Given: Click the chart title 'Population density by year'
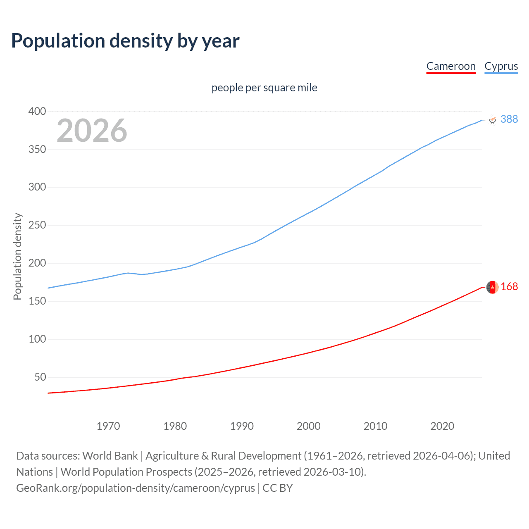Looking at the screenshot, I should click(x=125, y=41).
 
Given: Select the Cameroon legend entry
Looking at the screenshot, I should click(x=451, y=66).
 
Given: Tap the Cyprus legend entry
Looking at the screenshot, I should click(x=501, y=66).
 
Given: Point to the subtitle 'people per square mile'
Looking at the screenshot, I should click(x=264, y=88).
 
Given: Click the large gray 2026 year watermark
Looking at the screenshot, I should click(x=92, y=131).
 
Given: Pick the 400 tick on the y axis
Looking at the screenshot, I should click(x=37, y=111).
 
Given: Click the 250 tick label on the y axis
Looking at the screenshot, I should click(x=37, y=225).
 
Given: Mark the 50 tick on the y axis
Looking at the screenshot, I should click(x=40, y=377).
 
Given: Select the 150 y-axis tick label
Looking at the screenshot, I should click(x=37, y=301).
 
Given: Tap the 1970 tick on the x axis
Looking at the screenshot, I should click(x=108, y=426).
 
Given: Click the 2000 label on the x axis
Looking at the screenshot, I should click(x=308, y=426).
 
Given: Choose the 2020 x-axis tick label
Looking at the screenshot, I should click(x=442, y=426).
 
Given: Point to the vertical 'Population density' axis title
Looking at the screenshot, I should click(x=17, y=256).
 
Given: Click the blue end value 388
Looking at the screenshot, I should click(x=509, y=119).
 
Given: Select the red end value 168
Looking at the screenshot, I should click(x=509, y=286).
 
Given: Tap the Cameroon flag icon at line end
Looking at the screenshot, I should click(x=492, y=287).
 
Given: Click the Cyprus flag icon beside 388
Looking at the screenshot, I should click(x=492, y=119).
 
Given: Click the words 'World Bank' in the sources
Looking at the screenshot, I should click(x=110, y=456).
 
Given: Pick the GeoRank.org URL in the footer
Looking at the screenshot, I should click(x=136, y=488).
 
